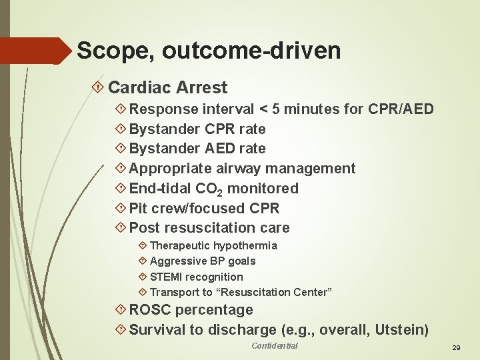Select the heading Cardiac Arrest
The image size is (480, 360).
(x=167, y=87)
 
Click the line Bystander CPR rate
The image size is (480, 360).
(x=197, y=129)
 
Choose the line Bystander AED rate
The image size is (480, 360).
(x=197, y=148)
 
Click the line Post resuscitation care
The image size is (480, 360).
(x=209, y=227)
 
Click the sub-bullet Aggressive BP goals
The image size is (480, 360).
(x=202, y=261)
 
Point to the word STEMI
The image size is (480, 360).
(x=166, y=277)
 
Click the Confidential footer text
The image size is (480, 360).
(x=274, y=345)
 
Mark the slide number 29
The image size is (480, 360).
(x=457, y=348)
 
